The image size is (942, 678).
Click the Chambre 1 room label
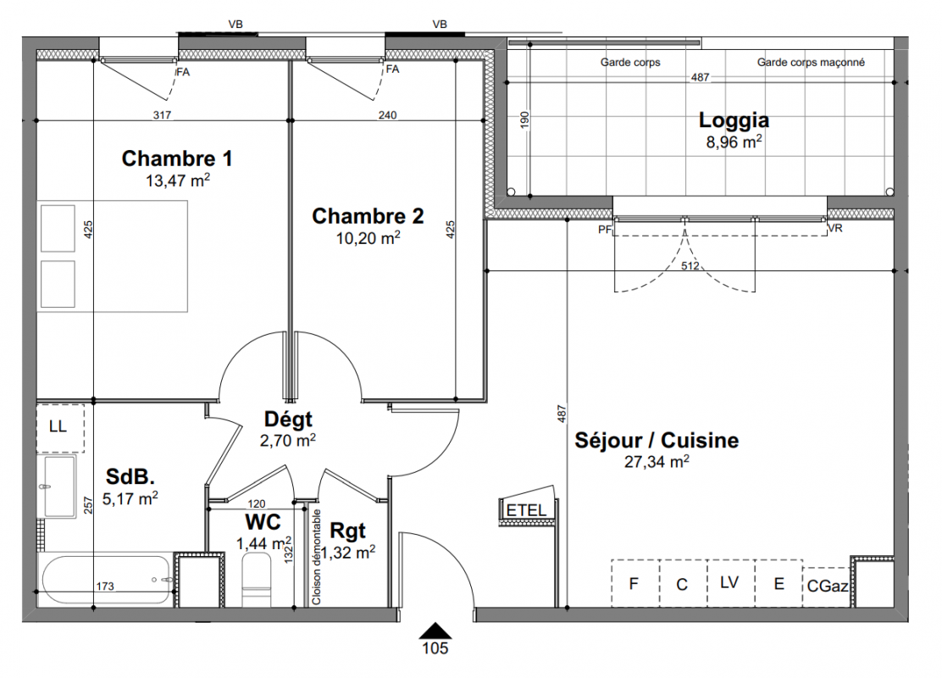pyautogui.click(x=176, y=158)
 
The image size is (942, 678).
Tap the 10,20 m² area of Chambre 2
pyautogui.click(x=368, y=238)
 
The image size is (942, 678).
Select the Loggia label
pyautogui.click(x=734, y=120)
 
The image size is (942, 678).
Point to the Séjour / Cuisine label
pyautogui.click(x=657, y=440)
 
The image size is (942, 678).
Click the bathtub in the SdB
pyautogui.click(x=107, y=580)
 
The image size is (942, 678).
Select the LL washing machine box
pyautogui.click(x=60, y=428)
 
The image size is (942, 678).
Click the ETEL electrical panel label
pyautogui.click(x=526, y=510)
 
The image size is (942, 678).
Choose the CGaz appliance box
pyautogui.click(x=827, y=586)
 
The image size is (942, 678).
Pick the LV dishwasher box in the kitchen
pyautogui.click(x=730, y=583)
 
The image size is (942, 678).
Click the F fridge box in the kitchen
pyautogui.click(x=635, y=583)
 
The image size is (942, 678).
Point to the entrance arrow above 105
pyautogui.click(x=435, y=631)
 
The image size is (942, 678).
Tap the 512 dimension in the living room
pyautogui.click(x=690, y=265)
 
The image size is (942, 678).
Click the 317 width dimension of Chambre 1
pyautogui.click(x=162, y=114)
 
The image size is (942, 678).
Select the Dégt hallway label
pyautogui.click(x=288, y=419)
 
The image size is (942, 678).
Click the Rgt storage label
pyautogui.click(x=348, y=531)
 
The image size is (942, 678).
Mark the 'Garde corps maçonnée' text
pyautogui.click(x=811, y=62)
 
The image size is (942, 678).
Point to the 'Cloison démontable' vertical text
pyautogui.click(x=317, y=557)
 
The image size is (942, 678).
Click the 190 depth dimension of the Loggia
pyautogui.click(x=524, y=119)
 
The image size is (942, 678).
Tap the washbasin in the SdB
pyautogui.click(x=58, y=486)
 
